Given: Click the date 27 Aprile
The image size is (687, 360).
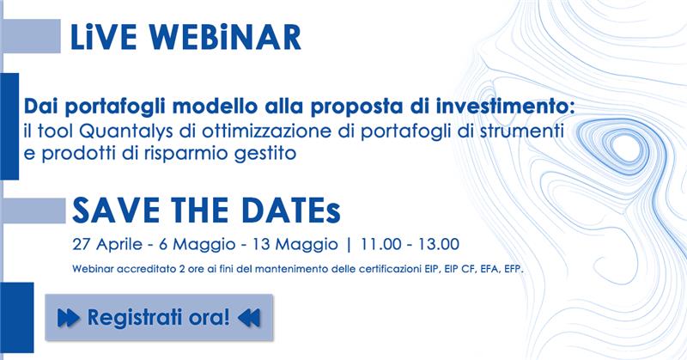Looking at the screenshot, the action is tap(108, 244).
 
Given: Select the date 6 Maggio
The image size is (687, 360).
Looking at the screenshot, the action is tap(198, 244).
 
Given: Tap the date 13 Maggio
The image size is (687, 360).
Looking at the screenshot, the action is tap(295, 244).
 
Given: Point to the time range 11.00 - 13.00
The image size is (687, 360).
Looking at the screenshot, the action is tap(410, 244).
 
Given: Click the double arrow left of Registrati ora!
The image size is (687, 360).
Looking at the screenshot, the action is tap(69, 318).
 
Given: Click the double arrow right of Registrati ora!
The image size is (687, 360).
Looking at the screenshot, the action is tap(249, 318).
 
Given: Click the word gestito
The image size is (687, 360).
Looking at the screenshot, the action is tap(265, 155).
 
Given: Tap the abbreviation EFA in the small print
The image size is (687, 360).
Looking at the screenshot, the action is tap(489, 269).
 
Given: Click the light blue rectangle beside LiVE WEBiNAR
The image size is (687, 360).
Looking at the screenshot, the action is tap(32, 36).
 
